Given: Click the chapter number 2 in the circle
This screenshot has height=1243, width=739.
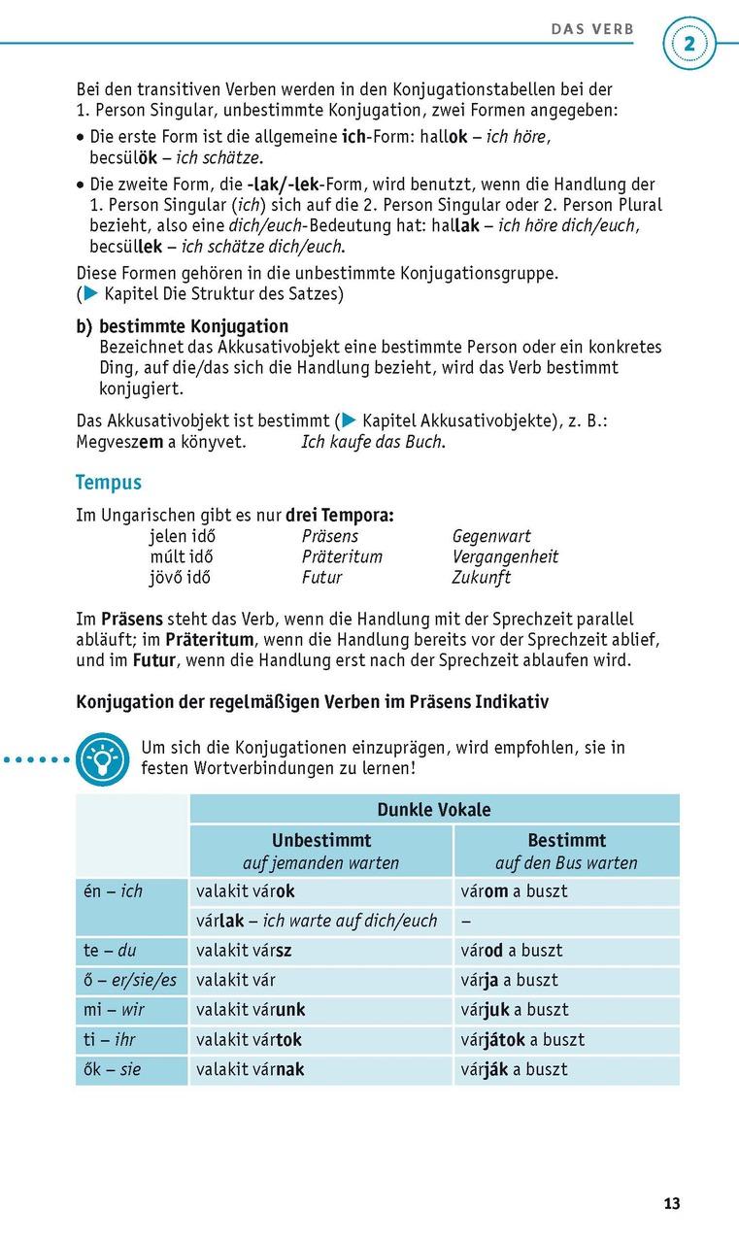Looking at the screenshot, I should pyautogui.click(x=689, y=44).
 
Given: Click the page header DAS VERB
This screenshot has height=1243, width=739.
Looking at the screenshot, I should pyautogui.click(x=592, y=29).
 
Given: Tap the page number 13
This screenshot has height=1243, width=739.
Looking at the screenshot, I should pyautogui.click(x=672, y=1204).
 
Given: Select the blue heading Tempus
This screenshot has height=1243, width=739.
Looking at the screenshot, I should pyautogui.click(x=109, y=483).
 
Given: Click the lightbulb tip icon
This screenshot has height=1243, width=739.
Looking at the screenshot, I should pyautogui.click(x=102, y=760).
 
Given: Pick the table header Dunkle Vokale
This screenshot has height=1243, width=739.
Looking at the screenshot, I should pyautogui.click(x=434, y=810).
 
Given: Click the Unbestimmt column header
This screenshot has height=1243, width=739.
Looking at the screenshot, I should pyautogui.click(x=320, y=841).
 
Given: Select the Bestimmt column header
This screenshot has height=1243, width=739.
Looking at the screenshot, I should pyautogui.click(x=566, y=841).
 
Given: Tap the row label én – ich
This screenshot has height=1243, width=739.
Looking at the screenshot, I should pyautogui.click(x=114, y=891).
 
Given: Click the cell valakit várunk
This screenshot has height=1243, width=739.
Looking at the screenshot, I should pyautogui.click(x=251, y=1010).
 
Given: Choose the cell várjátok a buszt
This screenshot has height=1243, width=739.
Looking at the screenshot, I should pyautogui.click(x=522, y=1040).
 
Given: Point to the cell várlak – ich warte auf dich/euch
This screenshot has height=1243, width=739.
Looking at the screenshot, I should pyautogui.click(x=317, y=921).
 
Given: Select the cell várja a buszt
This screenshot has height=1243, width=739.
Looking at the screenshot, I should pyautogui.click(x=509, y=981).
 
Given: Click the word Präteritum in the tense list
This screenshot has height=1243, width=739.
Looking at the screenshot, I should pyautogui.click(x=342, y=557).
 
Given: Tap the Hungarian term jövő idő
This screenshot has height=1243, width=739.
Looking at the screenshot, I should pyautogui.click(x=181, y=578).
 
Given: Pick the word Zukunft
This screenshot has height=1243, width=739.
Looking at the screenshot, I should pyautogui.click(x=482, y=578).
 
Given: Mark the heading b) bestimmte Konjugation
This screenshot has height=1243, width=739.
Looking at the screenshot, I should pyautogui.click(x=183, y=327).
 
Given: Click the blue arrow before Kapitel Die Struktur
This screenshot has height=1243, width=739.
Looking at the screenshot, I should pyautogui.click(x=90, y=293).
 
